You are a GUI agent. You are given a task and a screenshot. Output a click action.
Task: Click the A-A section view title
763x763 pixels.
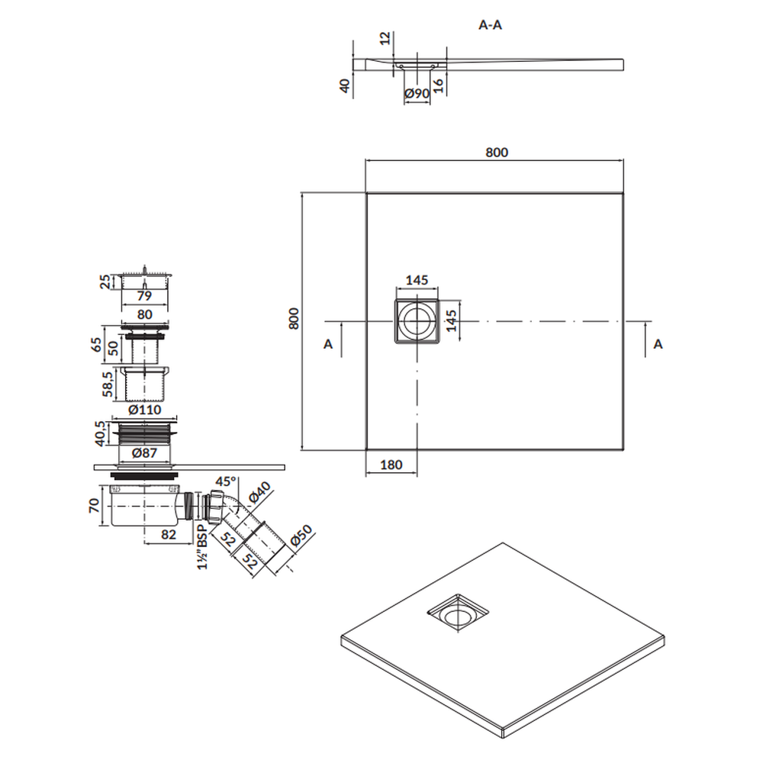pyautogui.click(x=490, y=24)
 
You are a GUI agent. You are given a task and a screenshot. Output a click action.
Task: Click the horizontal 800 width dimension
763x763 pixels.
pyautogui.click(x=496, y=152)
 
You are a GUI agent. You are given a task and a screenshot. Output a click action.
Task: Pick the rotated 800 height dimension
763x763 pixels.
pyautogui.click(x=293, y=319)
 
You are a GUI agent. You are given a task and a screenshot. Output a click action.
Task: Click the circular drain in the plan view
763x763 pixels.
pyautogui.click(x=417, y=321)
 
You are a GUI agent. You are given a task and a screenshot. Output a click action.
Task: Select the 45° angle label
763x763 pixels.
pyautogui.click(x=226, y=482)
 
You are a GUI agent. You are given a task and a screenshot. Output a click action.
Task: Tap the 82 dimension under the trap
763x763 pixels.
pyautogui.click(x=169, y=535)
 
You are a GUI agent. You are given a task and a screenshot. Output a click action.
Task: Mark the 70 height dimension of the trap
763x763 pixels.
pyautogui.click(x=92, y=506)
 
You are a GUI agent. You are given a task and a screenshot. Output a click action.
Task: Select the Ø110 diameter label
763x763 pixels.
pyautogui.click(x=144, y=410)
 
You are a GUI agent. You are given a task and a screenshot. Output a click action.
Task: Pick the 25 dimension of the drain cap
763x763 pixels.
pyautogui.click(x=105, y=282)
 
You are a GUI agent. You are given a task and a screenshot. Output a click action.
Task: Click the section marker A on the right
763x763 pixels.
pyautogui.click(x=658, y=344)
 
